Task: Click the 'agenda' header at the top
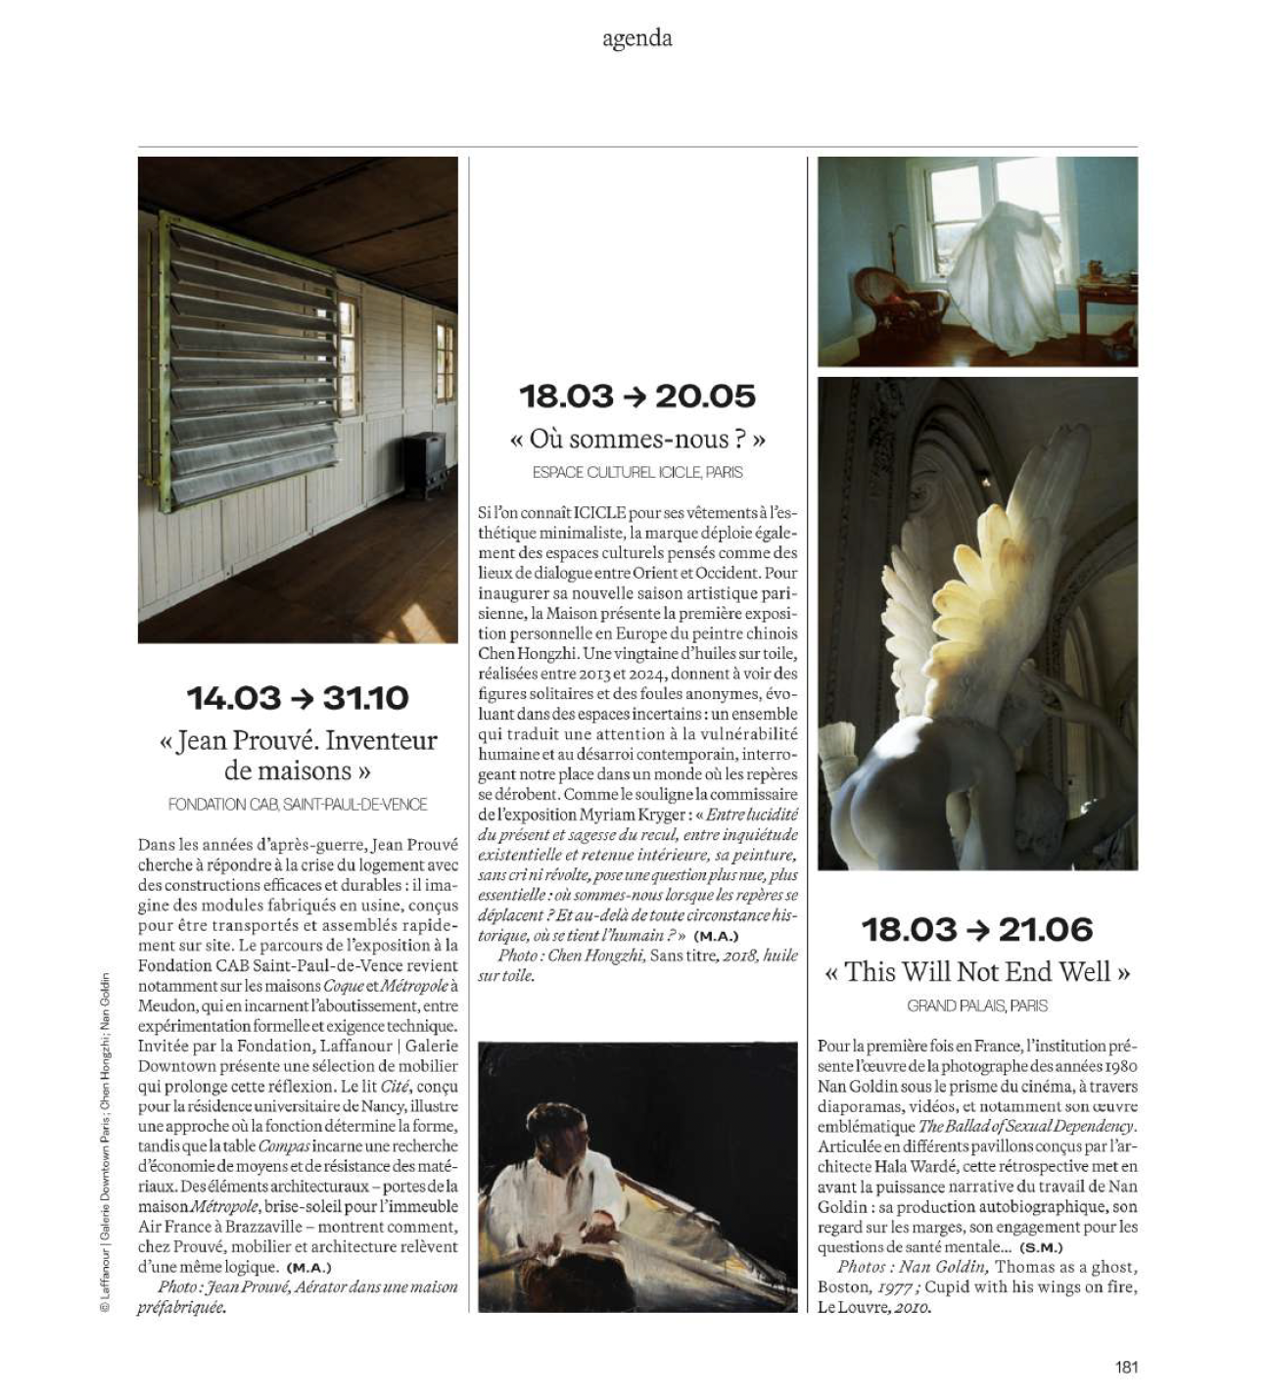(x=636, y=39)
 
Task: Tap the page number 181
(x=1126, y=1367)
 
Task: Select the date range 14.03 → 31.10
(x=298, y=698)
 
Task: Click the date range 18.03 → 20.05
(x=637, y=397)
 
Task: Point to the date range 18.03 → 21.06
(x=977, y=929)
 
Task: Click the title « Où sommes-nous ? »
(x=637, y=439)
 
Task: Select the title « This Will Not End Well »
(x=977, y=972)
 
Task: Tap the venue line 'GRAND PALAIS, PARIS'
(x=977, y=1005)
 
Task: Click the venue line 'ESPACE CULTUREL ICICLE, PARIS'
(x=637, y=472)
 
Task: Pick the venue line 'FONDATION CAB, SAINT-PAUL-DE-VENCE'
(x=298, y=805)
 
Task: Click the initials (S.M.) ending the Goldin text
(x=1041, y=1248)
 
